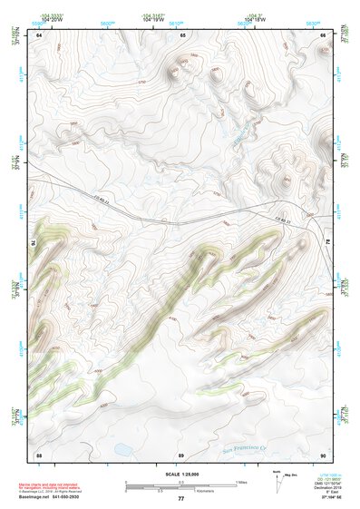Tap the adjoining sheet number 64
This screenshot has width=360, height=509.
39,35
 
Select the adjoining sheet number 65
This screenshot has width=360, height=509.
182,35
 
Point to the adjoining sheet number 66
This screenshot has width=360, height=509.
323,35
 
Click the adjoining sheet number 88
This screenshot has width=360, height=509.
39,454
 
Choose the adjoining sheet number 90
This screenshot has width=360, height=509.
323,454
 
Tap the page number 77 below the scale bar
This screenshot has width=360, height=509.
180,498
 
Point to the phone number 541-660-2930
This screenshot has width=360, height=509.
89,497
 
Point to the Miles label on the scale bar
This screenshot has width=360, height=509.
241,481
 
